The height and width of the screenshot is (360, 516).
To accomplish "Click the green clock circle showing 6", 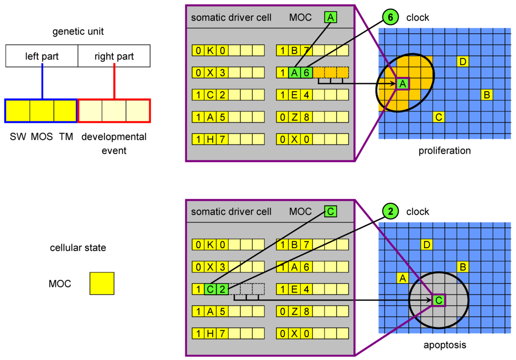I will click(390, 18).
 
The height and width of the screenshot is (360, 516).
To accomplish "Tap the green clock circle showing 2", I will click(390, 211).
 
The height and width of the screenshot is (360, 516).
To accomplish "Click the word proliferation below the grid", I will click(444, 151).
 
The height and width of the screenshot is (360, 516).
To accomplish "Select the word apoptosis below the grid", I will click(444, 345).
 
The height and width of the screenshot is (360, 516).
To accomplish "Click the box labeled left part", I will click(42, 56).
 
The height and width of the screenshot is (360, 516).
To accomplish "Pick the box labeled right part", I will click(114, 56).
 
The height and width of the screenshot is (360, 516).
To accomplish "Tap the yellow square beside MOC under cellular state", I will click(102, 283).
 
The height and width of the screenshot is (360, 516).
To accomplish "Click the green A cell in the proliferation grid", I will click(402, 84).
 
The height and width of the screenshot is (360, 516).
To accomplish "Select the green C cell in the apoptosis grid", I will click(438, 301).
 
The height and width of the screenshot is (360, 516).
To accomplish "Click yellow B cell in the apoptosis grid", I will click(463, 267).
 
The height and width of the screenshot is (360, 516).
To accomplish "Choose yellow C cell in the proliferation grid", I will click(438, 117).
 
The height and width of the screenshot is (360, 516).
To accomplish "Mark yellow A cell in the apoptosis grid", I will click(402, 278).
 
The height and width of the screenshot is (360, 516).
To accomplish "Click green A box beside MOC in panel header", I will click(330, 18).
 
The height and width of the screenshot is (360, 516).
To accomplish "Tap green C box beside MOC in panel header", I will click(330, 211).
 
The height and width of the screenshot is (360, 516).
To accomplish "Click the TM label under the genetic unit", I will click(66, 137).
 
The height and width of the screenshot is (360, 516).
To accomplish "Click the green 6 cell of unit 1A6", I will click(306, 73).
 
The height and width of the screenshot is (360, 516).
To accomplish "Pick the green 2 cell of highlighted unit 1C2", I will click(222, 290).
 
